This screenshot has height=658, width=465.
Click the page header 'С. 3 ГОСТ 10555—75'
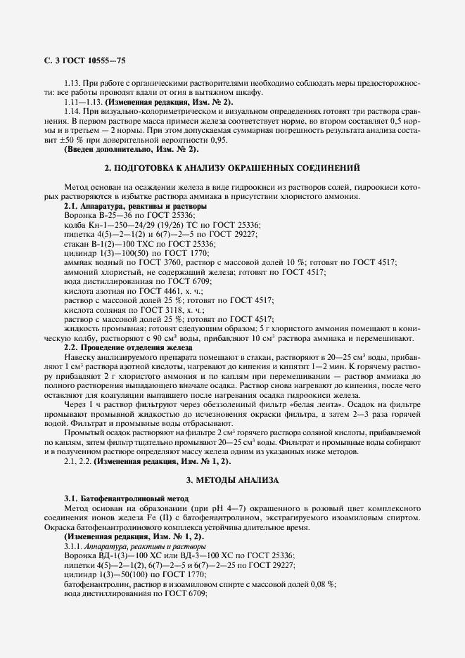(x=85, y=62)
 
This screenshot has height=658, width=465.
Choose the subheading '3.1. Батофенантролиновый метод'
(x=117, y=498)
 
